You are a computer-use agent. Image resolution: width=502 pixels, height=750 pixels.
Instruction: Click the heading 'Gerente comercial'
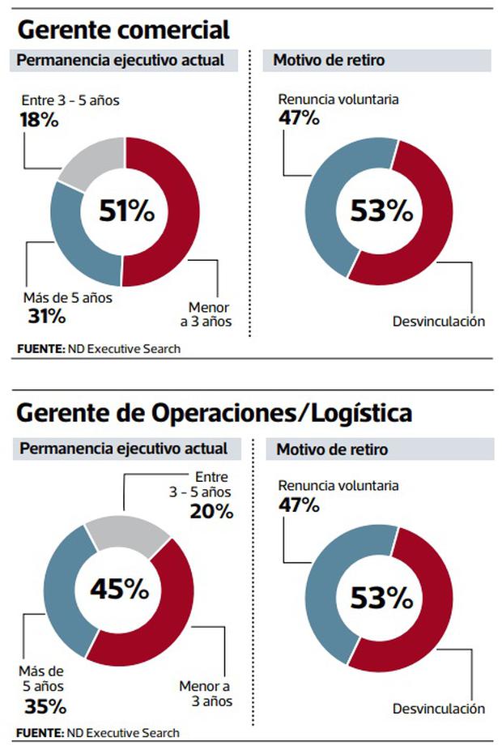(124, 30)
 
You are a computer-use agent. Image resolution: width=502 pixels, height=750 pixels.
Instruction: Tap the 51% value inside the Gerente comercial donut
(126, 211)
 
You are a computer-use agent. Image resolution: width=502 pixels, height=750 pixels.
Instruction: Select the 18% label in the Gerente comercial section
(38, 120)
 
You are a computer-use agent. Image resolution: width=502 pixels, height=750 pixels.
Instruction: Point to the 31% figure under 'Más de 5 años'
(46, 315)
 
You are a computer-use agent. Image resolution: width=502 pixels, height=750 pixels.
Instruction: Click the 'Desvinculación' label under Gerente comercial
(438, 322)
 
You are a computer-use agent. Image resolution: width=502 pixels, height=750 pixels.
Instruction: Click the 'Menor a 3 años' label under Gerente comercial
(210, 314)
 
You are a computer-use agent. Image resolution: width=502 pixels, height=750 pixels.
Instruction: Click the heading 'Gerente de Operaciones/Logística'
(215, 413)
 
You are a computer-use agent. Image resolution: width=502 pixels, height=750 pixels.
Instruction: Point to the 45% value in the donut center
(119, 589)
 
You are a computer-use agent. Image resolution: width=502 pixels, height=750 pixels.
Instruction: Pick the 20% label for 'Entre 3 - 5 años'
(211, 511)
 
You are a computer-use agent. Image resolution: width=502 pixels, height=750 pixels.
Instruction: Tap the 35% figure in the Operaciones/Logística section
(45, 705)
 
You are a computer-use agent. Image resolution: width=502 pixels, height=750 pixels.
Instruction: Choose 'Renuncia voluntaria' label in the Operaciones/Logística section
(338, 486)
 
